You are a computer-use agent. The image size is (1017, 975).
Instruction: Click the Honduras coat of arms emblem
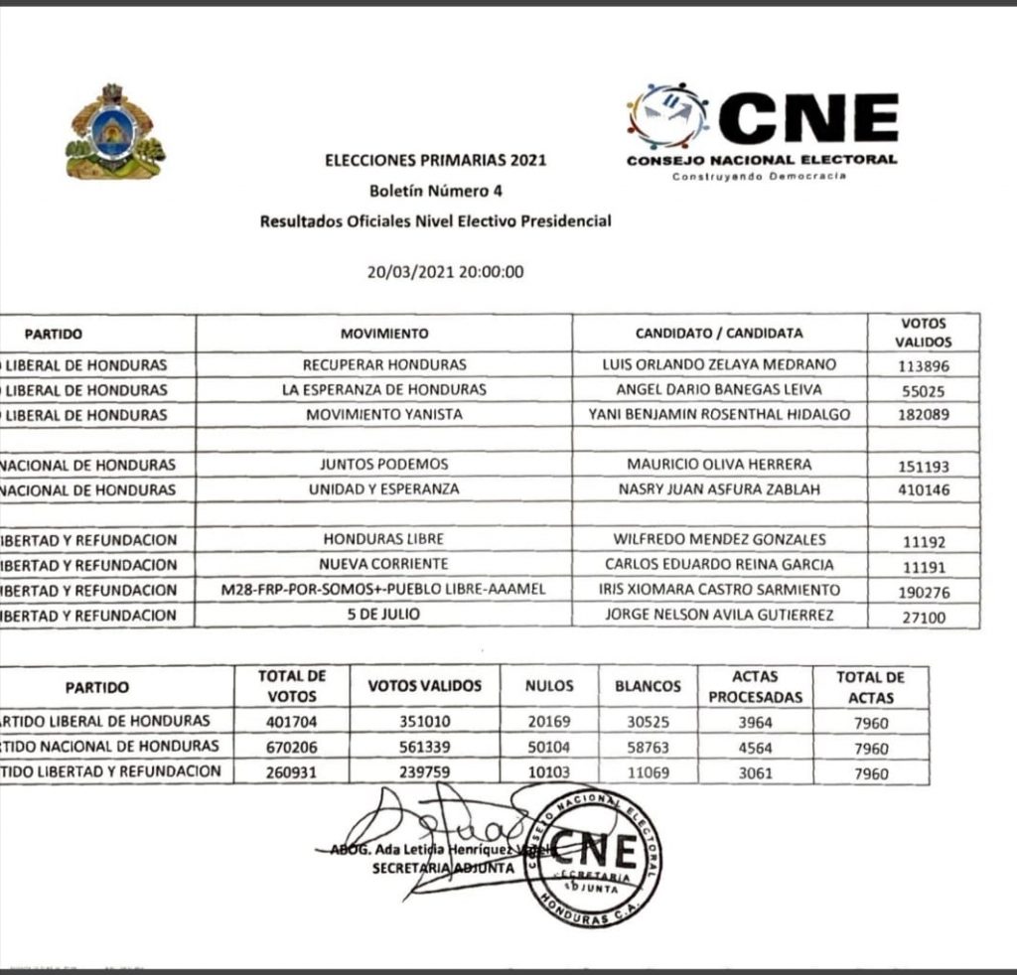tap(115, 133)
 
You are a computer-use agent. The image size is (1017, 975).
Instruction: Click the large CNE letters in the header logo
tap(808, 117)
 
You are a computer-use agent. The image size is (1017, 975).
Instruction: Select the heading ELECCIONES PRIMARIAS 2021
tap(436, 159)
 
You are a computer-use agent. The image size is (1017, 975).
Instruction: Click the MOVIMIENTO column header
tap(384, 334)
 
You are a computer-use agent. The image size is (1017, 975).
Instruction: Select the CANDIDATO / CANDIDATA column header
tap(719, 334)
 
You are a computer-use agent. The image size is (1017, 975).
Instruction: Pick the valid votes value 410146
tap(924, 490)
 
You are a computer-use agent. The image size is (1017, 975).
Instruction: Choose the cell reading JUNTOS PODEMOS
tap(384, 465)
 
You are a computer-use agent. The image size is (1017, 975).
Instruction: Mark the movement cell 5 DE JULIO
tap(384, 615)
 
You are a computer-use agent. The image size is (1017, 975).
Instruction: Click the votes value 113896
tap(924, 365)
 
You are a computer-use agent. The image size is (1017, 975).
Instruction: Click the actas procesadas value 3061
tap(755, 772)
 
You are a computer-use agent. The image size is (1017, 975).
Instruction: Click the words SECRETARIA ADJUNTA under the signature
tap(443, 868)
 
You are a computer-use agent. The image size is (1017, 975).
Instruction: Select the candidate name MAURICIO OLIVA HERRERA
tap(719, 465)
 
